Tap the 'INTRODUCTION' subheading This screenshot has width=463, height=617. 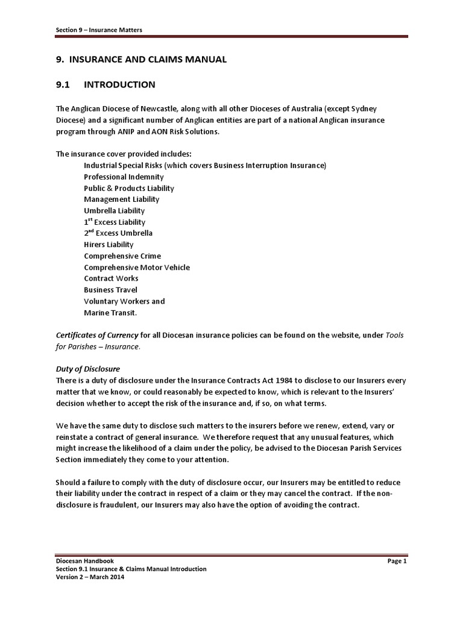point(119,84)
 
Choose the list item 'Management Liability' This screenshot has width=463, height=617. point(121,199)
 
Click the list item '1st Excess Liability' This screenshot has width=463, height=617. point(115,222)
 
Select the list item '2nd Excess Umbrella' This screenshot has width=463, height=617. point(118,233)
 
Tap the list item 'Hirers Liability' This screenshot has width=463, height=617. point(109,245)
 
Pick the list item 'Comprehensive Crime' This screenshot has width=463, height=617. point(122,256)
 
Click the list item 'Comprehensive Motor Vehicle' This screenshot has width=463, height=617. point(136,267)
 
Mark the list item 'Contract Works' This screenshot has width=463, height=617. point(111,278)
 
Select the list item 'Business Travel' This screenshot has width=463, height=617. point(110,290)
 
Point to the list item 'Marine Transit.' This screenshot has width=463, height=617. point(110,313)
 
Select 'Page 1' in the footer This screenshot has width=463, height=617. point(397,561)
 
